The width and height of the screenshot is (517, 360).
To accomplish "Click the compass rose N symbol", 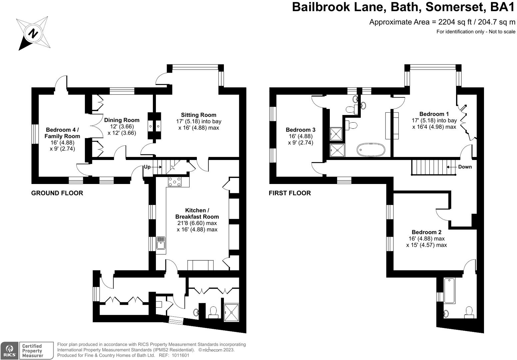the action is coord(33,33).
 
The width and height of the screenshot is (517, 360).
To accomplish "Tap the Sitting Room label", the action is coord(199,115).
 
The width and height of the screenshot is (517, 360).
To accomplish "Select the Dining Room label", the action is coord(122,120).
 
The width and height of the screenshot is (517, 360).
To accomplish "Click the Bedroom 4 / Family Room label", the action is coord(62,133).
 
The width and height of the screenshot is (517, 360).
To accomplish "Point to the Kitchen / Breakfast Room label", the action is coord(197,214).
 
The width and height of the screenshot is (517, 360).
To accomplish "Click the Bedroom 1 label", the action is coord(434,114).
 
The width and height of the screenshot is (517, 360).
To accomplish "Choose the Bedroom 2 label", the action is coord(426,232).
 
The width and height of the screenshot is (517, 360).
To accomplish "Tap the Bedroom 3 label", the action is coord(300,130).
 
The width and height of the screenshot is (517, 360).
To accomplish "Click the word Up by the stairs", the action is coord(147,167).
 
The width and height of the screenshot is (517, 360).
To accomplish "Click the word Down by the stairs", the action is coord(465,167).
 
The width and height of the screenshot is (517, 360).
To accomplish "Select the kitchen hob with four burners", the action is coord(175,182).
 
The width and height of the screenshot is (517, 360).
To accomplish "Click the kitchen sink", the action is coord(161,243).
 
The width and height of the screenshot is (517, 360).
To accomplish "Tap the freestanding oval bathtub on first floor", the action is coord(371,150).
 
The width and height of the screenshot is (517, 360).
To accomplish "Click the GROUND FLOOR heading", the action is coord(57,193).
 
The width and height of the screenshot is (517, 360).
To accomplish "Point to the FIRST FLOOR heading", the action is coord(290,193).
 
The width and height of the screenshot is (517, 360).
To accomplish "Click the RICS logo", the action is coord(9,351).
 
